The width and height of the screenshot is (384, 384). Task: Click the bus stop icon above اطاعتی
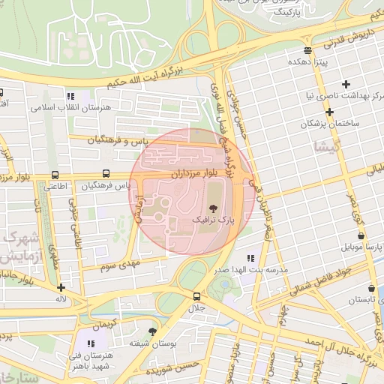coord(54,175)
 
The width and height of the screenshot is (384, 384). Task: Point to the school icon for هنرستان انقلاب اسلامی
coord(70,96)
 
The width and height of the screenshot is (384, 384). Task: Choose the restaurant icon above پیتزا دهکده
coord(307,51)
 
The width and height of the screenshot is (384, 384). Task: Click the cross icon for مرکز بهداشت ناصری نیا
coord(345,84)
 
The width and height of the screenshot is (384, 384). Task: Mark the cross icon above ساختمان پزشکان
coord(329,112)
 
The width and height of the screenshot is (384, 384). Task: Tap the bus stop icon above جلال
coord(196,296)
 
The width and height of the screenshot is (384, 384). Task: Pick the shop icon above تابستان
coord(373,288)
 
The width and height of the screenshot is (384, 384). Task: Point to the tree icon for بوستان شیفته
coord(154,331)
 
